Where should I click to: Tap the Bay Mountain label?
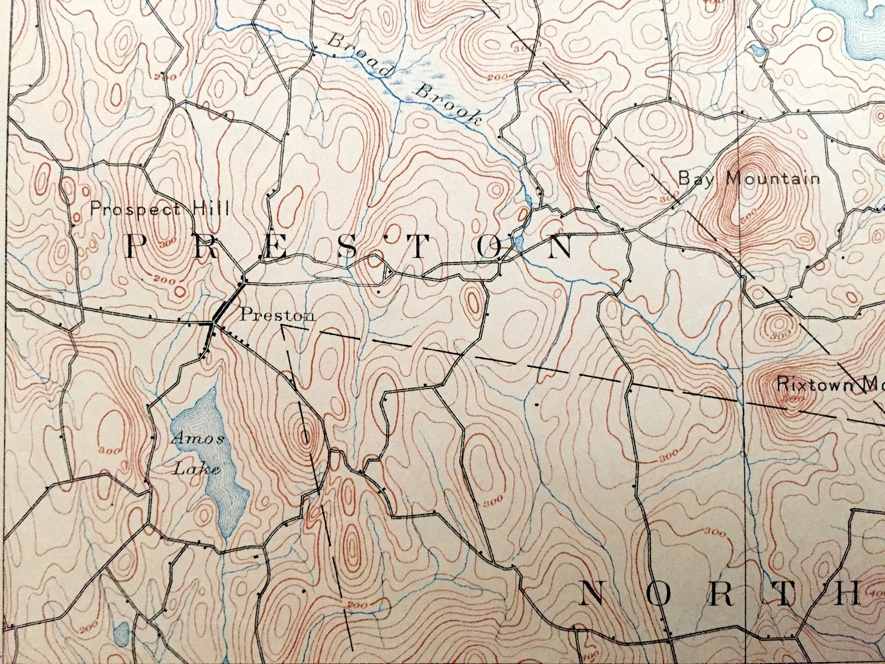(748, 178)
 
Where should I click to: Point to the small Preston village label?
(277, 314)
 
